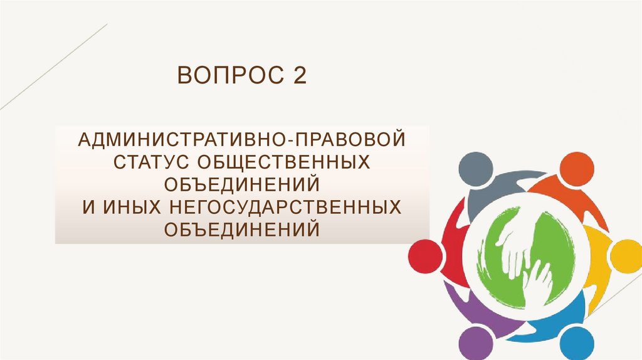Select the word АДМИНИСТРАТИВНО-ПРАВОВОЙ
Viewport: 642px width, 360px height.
click(x=242, y=139)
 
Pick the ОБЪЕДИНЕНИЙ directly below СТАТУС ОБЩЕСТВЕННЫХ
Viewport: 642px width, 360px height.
click(x=242, y=184)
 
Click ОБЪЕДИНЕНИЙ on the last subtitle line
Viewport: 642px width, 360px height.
click(x=242, y=230)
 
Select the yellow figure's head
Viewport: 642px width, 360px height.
click(x=626, y=256)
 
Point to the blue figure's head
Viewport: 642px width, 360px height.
click(x=579, y=342)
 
